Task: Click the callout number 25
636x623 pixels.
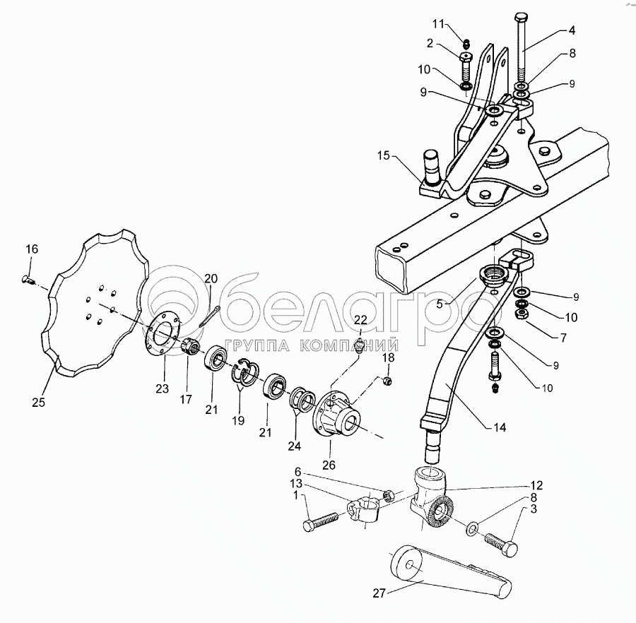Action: (x=38, y=403)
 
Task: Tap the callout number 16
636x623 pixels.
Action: (x=32, y=249)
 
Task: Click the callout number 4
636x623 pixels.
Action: (x=571, y=31)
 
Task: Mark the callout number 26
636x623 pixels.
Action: (x=329, y=465)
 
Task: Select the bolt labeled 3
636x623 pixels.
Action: (x=500, y=544)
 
